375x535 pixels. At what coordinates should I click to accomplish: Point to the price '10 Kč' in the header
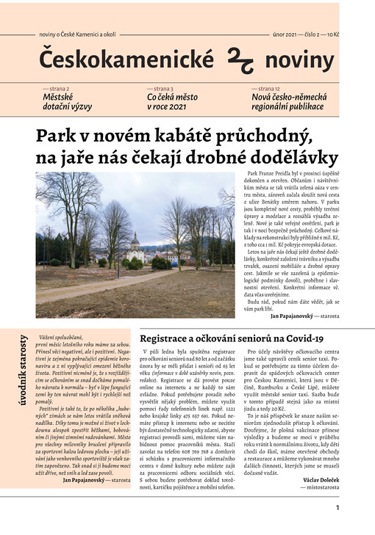pos(332,34)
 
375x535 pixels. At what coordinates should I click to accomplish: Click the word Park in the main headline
pos(57,135)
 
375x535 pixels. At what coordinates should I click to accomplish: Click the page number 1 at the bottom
pos(337,506)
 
